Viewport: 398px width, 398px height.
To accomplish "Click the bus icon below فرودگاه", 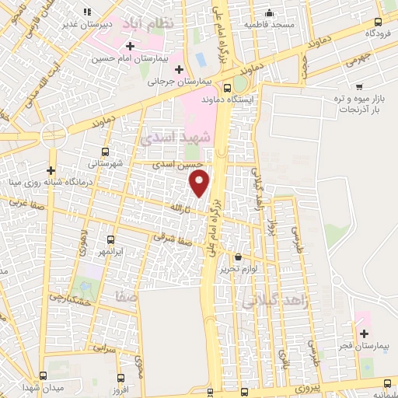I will point(378,23).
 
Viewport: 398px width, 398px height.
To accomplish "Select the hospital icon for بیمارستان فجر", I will point(364,333).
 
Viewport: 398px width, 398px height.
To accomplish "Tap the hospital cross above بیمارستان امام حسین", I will point(129,47).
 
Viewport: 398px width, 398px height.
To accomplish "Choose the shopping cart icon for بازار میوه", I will point(358,86).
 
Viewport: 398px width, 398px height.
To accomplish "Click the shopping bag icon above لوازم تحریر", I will point(237,257).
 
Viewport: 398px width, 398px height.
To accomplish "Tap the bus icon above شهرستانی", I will point(105,152).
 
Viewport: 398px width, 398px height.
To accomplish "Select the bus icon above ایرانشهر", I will point(110,240).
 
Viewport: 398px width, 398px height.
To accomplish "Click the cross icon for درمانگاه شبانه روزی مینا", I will point(51,170).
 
